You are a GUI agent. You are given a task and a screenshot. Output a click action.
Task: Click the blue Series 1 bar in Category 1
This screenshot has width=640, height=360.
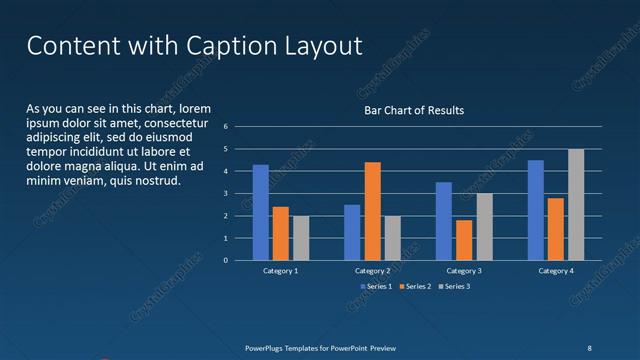click(260, 212)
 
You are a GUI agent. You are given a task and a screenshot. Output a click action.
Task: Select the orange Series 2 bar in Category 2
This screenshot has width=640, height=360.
click(372, 211)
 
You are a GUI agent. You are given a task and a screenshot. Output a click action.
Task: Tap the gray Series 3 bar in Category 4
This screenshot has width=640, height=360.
click(576, 204)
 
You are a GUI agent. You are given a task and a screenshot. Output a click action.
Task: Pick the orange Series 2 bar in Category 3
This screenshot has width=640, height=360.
click(464, 240)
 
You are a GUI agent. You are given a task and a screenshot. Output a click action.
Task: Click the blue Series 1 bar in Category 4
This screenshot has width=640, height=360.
click(536, 210)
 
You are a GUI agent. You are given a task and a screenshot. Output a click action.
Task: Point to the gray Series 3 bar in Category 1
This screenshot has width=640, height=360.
click(301, 238)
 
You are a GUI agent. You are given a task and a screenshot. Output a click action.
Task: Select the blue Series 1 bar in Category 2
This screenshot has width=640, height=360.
click(352, 232)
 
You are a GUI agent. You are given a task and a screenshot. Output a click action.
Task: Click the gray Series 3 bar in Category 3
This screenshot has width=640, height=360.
click(484, 226)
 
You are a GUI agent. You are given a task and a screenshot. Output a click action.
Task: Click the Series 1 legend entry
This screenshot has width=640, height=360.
click(376, 287)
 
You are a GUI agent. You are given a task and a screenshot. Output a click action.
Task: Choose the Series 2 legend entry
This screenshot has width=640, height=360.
click(415, 287)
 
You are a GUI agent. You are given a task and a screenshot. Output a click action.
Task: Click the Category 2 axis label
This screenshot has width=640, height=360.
click(372, 271)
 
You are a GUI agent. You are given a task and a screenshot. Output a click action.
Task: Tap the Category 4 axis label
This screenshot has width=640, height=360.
click(556, 271)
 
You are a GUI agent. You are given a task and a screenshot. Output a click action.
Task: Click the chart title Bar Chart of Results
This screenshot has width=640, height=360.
click(413, 110)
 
